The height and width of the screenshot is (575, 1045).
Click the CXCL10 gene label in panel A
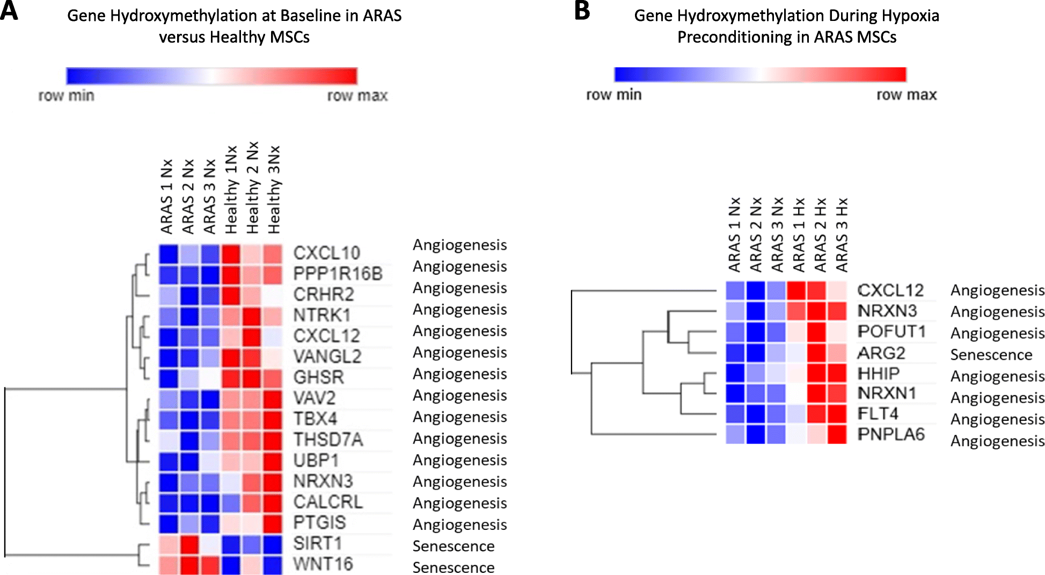point(326,253)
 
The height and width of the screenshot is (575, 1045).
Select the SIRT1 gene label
point(317,543)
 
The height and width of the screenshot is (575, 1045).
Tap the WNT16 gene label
point(323,564)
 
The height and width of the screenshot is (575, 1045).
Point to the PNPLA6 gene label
point(891,434)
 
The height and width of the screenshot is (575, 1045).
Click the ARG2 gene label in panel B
point(881,353)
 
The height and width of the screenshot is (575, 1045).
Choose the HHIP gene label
point(879,374)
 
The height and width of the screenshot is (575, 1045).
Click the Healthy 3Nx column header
point(274,190)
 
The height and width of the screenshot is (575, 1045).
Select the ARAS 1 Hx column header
point(799,235)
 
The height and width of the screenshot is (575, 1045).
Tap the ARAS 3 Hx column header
point(842,235)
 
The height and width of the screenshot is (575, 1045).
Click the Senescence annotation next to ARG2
point(991,355)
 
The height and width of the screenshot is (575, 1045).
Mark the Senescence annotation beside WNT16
point(454,567)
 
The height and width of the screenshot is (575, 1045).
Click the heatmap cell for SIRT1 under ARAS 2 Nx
point(189,544)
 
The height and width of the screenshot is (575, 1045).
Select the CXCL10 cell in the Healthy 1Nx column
point(231,253)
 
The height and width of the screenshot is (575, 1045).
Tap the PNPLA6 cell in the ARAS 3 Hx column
point(837,434)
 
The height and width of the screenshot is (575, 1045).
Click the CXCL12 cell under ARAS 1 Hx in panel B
point(796,290)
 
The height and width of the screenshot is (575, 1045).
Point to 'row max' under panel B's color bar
point(906,95)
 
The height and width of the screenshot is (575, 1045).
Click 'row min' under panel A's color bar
point(66,96)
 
